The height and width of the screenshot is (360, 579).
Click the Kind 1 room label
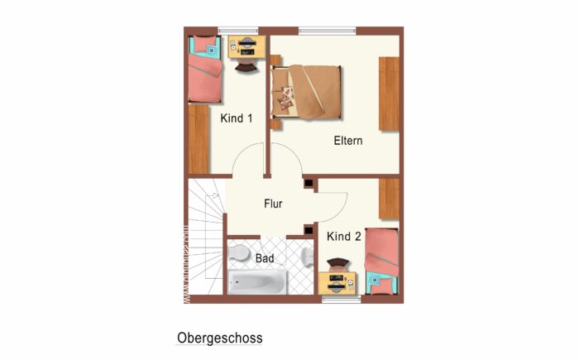pyautogui.click(x=237, y=118)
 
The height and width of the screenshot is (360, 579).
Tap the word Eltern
pyautogui.click(x=348, y=141)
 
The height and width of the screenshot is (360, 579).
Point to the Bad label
pyautogui.click(x=265, y=259)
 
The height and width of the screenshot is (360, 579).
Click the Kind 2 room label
pyautogui.click(x=344, y=237)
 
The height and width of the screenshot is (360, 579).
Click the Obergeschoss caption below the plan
pyautogui.click(x=219, y=338)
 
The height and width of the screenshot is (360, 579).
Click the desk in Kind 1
pyautogui.click(x=246, y=46)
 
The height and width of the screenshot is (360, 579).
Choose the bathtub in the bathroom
pyautogui.click(x=257, y=282)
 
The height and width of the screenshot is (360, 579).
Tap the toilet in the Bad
pyautogui.click(x=240, y=252)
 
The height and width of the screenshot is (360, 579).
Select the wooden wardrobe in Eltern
pyautogui.click(x=389, y=93)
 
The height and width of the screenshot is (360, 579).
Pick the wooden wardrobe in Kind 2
pyautogui.click(x=389, y=199)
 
